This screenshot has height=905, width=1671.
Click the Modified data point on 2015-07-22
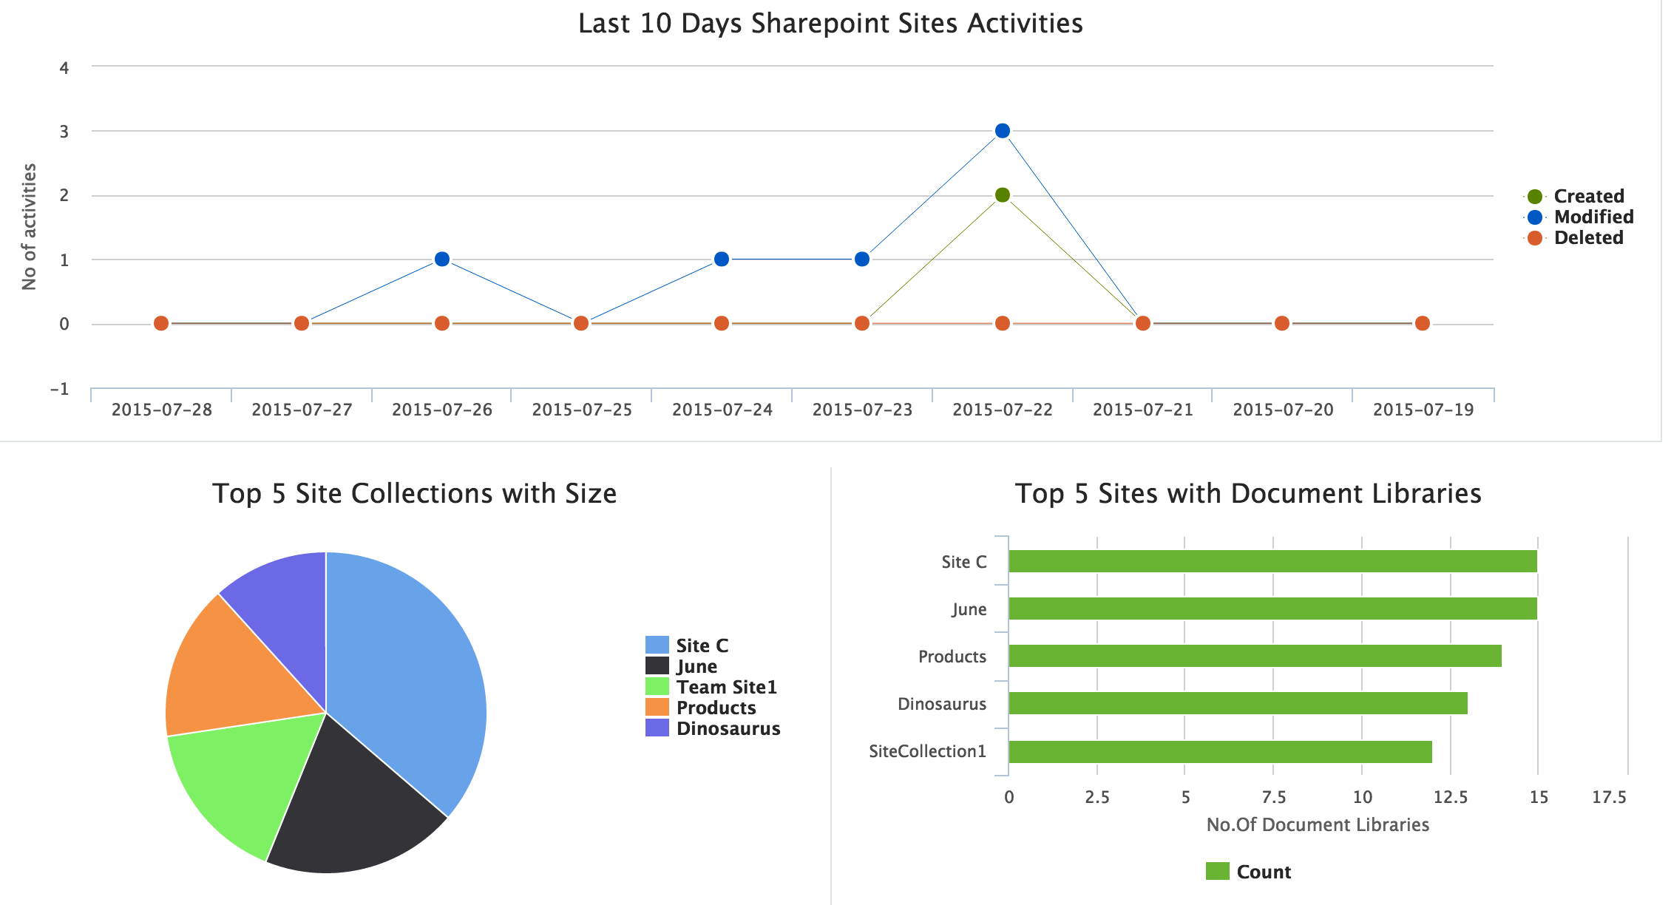click(x=1002, y=131)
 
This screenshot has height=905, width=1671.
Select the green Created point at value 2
click(x=1002, y=195)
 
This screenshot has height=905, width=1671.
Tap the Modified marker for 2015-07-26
click(x=441, y=259)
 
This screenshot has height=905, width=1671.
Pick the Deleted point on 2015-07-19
click(x=1422, y=323)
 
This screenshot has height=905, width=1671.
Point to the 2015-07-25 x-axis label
click(x=582, y=410)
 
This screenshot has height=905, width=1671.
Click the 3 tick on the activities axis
click(x=65, y=132)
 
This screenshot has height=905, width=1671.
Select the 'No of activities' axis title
click(x=29, y=227)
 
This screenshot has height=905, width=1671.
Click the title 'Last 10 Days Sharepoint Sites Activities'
click(x=830, y=24)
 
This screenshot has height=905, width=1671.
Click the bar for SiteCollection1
click(x=1220, y=752)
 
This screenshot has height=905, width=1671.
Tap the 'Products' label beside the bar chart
click(x=952, y=657)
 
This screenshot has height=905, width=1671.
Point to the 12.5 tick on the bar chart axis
click(x=1450, y=797)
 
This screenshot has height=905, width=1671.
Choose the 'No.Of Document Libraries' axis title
click(x=1317, y=825)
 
